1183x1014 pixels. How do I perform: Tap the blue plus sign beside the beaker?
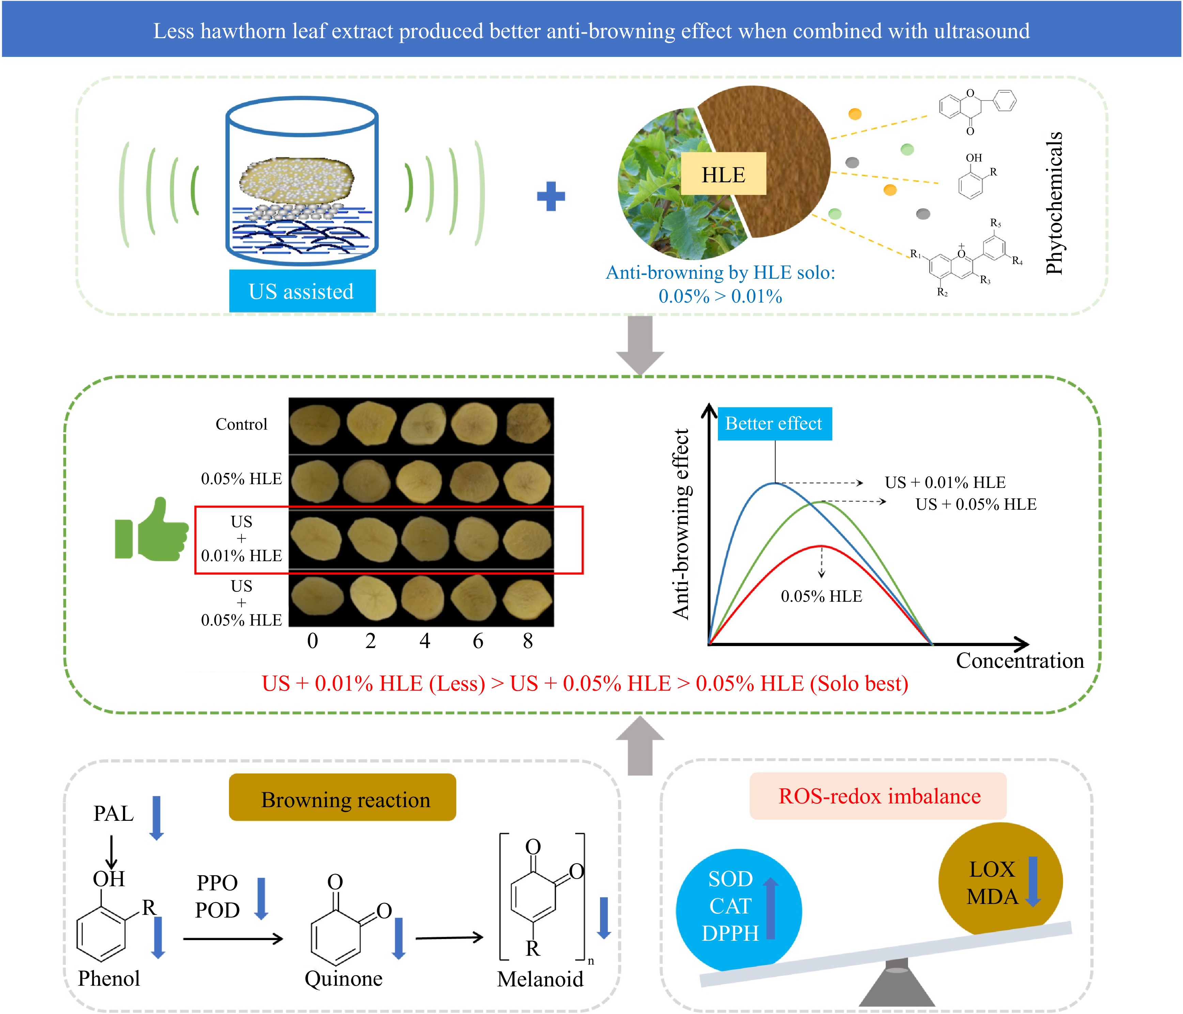click(x=551, y=196)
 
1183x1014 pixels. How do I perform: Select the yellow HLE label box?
click(x=723, y=174)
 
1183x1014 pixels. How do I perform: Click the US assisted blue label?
click(x=302, y=291)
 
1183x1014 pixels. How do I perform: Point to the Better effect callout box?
click(x=774, y=424)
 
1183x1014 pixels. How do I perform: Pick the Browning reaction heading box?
click(x=342, y=798)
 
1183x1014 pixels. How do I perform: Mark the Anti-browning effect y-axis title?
click(x=681, y=524)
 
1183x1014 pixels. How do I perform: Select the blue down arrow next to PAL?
click(x=156, y=818)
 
